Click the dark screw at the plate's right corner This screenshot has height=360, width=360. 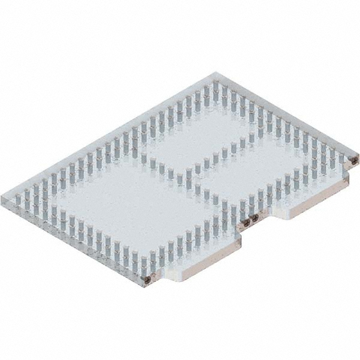(354, 161)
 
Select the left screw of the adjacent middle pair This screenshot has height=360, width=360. (246, 223)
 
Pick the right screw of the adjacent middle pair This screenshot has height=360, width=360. (255, 218)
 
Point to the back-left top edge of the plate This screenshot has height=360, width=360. (108, 136)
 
